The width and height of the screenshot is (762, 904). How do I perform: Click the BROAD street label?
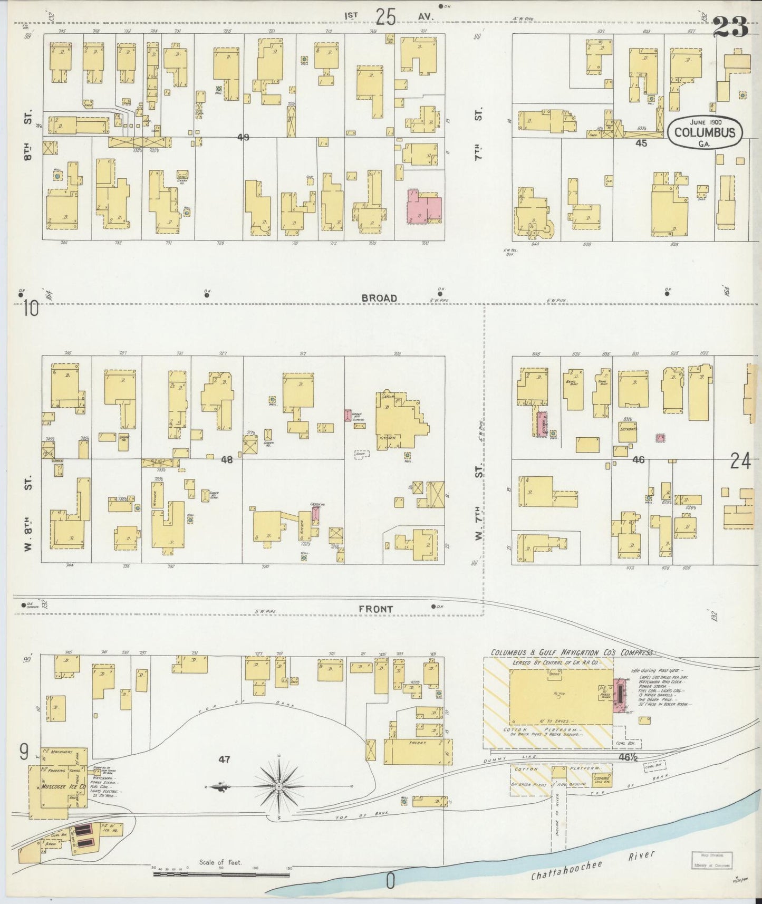click(x=379, y=299)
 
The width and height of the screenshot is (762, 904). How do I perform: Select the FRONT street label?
click(x=376, y=609)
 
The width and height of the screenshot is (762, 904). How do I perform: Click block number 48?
click(x=227, y=460)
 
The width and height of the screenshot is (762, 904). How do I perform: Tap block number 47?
click(x=225, y=760)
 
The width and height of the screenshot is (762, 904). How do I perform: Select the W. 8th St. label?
click(x=29, y=512)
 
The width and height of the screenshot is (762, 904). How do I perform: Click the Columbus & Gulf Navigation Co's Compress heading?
click(x=572, y=653)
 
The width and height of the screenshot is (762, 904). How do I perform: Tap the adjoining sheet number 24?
click(x=740, y=461)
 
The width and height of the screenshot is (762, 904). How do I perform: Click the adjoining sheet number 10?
click(x=31, y=309)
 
